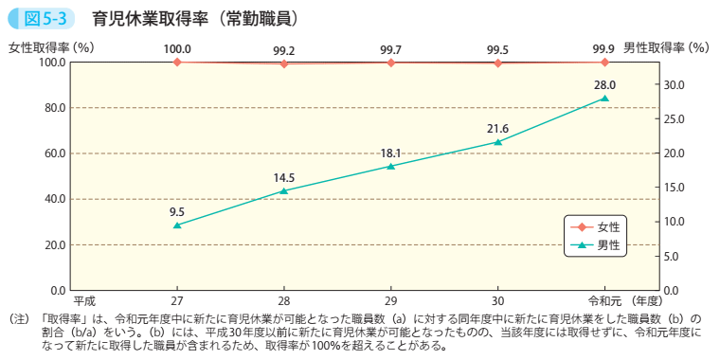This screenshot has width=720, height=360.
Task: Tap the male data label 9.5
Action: click(x=177, y=211)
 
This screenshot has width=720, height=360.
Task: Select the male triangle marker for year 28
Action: click(x=284, y=190)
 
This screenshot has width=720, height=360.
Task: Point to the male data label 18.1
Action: click(x=391, y=153)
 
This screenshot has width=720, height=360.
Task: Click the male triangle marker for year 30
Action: click(x=498, y=141)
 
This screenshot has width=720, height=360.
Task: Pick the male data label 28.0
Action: click(x=605, y=84)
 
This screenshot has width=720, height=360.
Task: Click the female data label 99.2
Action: click(x=284, y=49)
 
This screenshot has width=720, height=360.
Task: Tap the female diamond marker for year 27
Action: click(x=177, y=62)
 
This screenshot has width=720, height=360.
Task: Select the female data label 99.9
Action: click(x=605, y=49)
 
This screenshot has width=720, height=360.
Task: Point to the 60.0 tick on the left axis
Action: click(x=51, y=153)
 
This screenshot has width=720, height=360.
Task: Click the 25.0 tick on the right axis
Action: click(x=672, y=118)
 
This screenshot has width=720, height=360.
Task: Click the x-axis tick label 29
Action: click(x=391, y=300)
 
